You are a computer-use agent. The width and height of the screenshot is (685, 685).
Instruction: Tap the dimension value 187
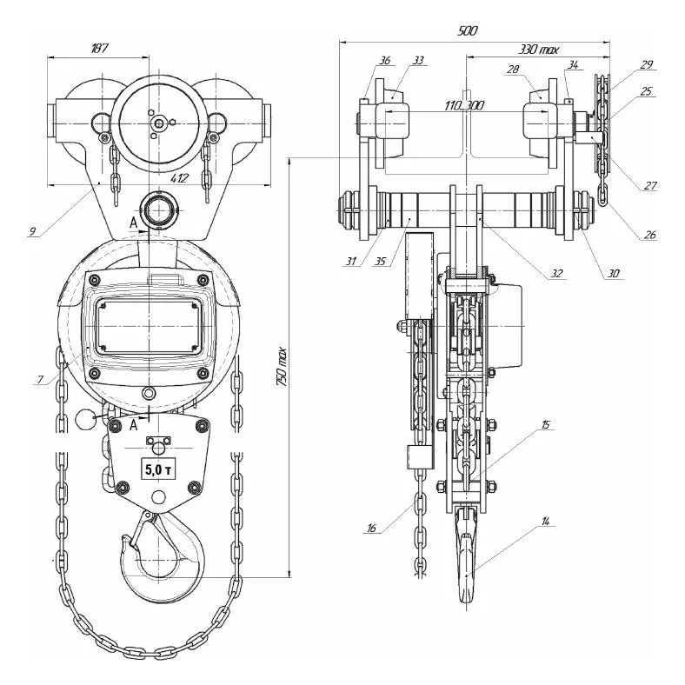click(98, 49)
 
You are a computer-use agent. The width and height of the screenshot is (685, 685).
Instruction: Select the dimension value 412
click(179, 178)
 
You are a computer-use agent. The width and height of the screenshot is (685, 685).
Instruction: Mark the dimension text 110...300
click(463, 105)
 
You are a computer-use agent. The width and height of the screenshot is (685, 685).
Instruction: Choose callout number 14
click(545, 522)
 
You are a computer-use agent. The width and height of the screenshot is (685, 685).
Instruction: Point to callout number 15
click(545, 425)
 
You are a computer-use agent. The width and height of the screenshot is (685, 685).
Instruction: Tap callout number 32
click(556, 273)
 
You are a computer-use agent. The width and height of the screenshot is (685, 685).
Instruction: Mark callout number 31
click(350, 261)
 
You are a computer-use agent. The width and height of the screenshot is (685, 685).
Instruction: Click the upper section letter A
click(132, 222)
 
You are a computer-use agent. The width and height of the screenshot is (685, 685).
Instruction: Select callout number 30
click(614, 273)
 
